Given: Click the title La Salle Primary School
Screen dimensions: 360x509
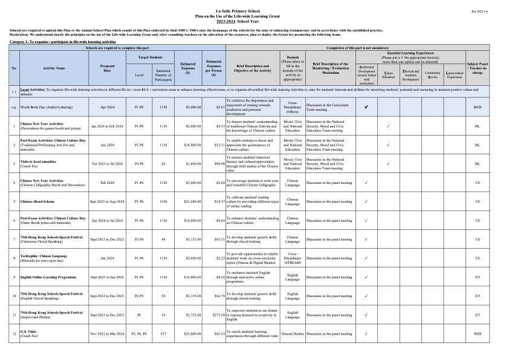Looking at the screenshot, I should point(254,10).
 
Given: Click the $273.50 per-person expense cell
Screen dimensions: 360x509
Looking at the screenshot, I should point(216,315).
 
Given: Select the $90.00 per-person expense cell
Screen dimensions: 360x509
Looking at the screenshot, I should point(216,164).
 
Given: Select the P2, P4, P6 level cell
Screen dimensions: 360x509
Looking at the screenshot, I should point(139,334).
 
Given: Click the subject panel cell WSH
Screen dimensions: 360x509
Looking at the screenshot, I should point(478,334).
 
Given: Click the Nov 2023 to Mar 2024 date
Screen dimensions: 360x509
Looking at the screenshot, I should point(106,334).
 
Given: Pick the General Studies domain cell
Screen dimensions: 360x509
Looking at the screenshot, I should point(293,334).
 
